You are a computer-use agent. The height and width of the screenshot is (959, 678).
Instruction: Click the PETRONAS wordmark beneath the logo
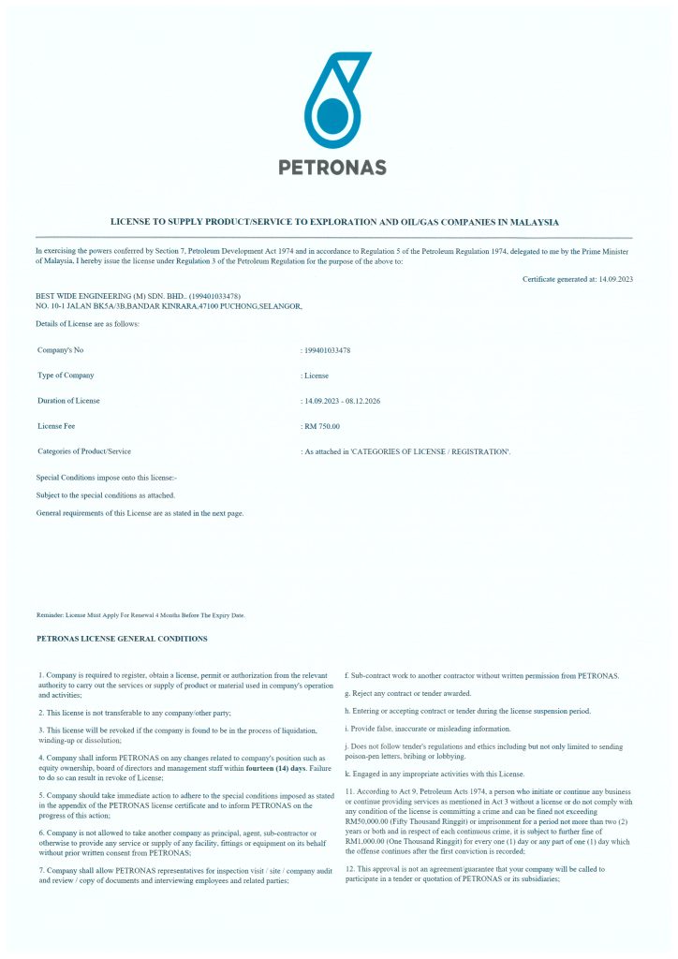(x=332, y=168)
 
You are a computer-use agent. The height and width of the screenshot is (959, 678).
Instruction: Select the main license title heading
(x=334, y=222)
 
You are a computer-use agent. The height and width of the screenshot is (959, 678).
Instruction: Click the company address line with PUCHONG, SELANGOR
(x=169, y=306)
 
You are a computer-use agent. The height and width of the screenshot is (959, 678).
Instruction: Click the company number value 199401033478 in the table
(x=328, y=350)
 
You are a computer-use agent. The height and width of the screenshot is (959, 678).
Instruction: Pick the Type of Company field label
(x=66, y=376)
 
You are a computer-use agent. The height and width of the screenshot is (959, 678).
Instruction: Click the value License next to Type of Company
(x=316, y=376)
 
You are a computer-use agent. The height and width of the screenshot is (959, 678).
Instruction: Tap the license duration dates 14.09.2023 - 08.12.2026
(x=343, y=401)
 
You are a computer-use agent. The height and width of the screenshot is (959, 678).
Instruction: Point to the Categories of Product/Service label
(x=83, y=451)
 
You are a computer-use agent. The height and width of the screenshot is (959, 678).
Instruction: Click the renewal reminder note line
(x=140, y=615)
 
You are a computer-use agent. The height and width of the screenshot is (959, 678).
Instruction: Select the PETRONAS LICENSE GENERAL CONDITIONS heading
(x=122, y=639)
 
